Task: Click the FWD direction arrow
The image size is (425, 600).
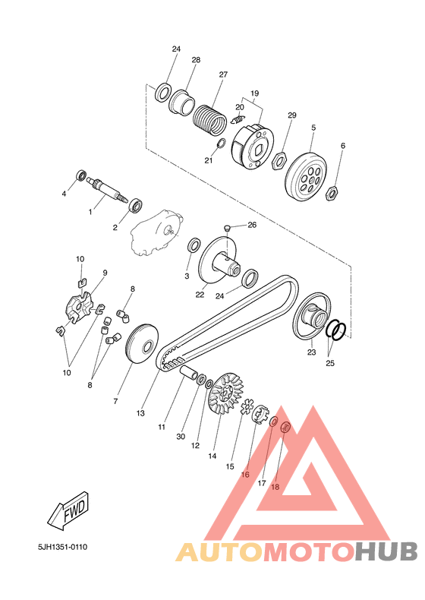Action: (x=68, y=511)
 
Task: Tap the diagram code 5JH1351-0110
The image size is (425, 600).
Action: (x=63, y=547)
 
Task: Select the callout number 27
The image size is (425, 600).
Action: (x=223, y=74)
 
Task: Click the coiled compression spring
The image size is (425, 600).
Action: (x=209, y=119)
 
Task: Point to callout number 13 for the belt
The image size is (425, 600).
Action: (x=140, y=413)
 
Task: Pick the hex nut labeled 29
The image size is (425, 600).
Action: (x=279, y=160)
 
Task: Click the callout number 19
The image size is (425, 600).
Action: (x=255, y=93)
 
